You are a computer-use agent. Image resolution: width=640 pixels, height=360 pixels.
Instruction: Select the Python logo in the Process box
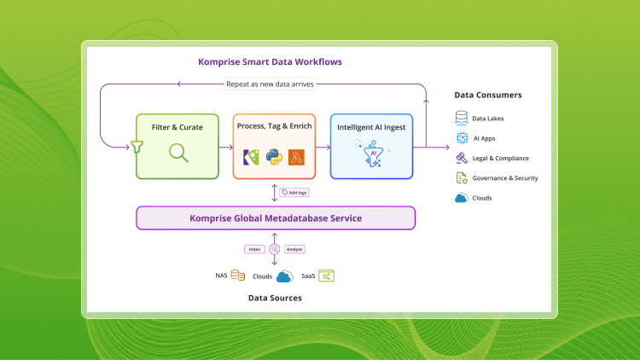click(x=274, y=156)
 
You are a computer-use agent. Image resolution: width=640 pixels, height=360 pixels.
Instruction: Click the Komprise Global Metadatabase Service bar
click(x=276, y=218)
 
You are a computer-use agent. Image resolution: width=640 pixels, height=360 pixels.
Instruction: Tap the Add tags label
click(x=294, y=193)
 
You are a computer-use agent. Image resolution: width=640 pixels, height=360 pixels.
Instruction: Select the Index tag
click(x=253, y=249)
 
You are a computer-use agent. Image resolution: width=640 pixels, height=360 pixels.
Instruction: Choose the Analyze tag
click(x=294, y=249)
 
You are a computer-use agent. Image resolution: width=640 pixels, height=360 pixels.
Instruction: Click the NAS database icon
click(x=238, y=276)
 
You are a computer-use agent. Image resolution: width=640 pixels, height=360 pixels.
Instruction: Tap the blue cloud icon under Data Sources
click(x=284, y=276)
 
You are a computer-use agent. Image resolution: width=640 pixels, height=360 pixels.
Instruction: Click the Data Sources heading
click(x=275, y=299)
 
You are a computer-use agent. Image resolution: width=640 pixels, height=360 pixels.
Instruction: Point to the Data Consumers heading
click(x=487, y=95)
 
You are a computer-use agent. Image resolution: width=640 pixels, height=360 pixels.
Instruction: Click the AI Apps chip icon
click(x=462, y=137)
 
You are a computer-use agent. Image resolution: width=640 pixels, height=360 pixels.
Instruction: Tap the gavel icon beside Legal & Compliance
click(x=462, y=158)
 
